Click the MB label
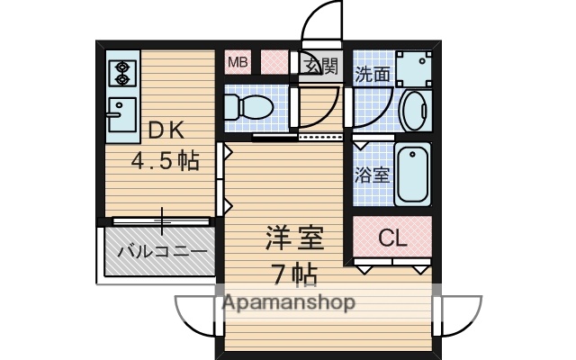pyautogui.click(x=237, y=62)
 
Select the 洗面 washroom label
pyautogui.click(x=373, y=74)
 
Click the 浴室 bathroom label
pyautogui.click(x=373, y=173)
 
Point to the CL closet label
pyautogui.click(x=391, y=238)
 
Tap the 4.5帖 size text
pyautogui.click(x=166, y=161)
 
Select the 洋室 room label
pyautogui.click(x=293, y=239)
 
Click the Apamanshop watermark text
pyautogui.click(x=288, y=302)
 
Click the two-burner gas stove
pyautogui.click(x=120, y=71)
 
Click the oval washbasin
pyautogui.click(x=413, y=112)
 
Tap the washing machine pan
pyautogui.click(x=414, y=67)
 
